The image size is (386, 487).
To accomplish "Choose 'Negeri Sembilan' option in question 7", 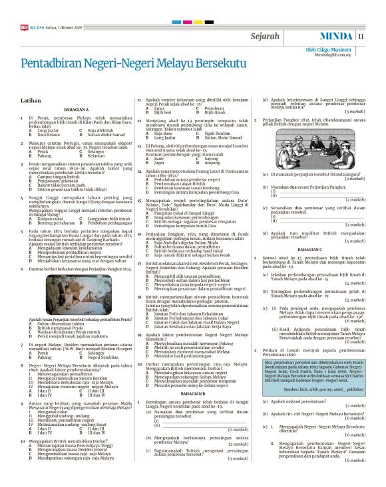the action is click(102, 357).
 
